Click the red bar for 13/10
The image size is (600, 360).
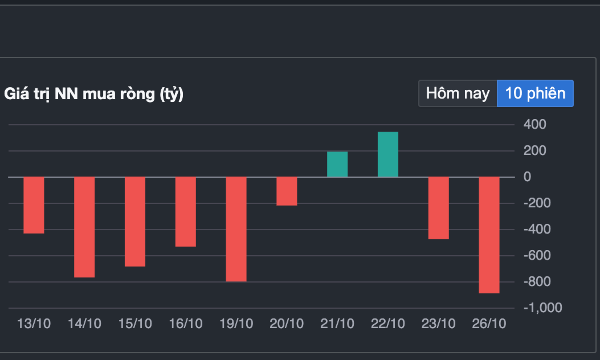[x=34, y=205]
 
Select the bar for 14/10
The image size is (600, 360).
[x=84, y=227]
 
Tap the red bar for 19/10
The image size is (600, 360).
[x=236, y=229]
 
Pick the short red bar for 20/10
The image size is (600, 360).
[x=287, y=191]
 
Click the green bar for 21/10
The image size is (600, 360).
[x=337, y=165]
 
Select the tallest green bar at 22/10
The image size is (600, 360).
[x=388, y=155]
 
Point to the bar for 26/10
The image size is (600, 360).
[x=489, y=235]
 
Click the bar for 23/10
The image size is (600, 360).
[x=439, y=208]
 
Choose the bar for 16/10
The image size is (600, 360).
[x=186, y=212]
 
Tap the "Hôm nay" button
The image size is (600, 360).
[x=458, y=93]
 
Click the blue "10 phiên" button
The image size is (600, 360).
[x=535, y=93]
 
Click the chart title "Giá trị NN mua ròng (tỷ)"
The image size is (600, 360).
[x=94, y=94]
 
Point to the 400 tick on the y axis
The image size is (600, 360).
[x=535, y=124]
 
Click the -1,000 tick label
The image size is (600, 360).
[x=543, y=308]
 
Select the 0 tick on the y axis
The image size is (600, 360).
[x=527, y=177]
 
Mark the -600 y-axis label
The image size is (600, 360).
[x=537, y=255]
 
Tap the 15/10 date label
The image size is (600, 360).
[x=135, y=324]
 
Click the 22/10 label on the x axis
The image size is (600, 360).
[x=388, y=324]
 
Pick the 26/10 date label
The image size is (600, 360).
[x=489, y=324]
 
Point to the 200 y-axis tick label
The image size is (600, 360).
[x=535, y=150]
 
